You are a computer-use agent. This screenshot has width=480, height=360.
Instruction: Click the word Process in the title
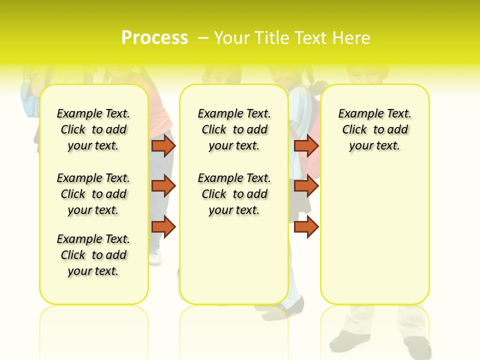point(154,37)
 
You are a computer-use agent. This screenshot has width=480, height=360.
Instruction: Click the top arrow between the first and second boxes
point(163,145)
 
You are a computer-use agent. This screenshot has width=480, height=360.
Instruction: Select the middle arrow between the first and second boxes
point(163,186)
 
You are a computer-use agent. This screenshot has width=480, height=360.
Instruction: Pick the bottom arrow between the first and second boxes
point(163,226)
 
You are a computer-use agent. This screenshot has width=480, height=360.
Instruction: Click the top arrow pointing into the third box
point(306,145)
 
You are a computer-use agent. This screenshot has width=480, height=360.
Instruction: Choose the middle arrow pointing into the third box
point(306,186)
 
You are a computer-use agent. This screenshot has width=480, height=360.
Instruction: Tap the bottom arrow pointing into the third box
point(306,226)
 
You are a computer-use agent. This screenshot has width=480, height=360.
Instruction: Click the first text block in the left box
point(93,129)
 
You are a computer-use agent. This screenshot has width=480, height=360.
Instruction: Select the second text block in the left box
point(93,194)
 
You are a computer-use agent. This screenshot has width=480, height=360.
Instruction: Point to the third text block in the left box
point(93,255)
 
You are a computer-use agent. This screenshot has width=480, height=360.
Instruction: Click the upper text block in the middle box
point(234,129)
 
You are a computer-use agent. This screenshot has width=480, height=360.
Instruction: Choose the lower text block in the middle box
point(234,194)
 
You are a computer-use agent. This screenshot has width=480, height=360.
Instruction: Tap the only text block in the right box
point(374,129)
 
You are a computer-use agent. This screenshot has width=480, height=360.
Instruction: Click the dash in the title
point(203,38)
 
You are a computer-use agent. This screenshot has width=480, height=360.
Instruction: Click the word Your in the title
point(231,38)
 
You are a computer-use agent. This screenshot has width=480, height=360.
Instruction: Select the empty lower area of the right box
point(374,235)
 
